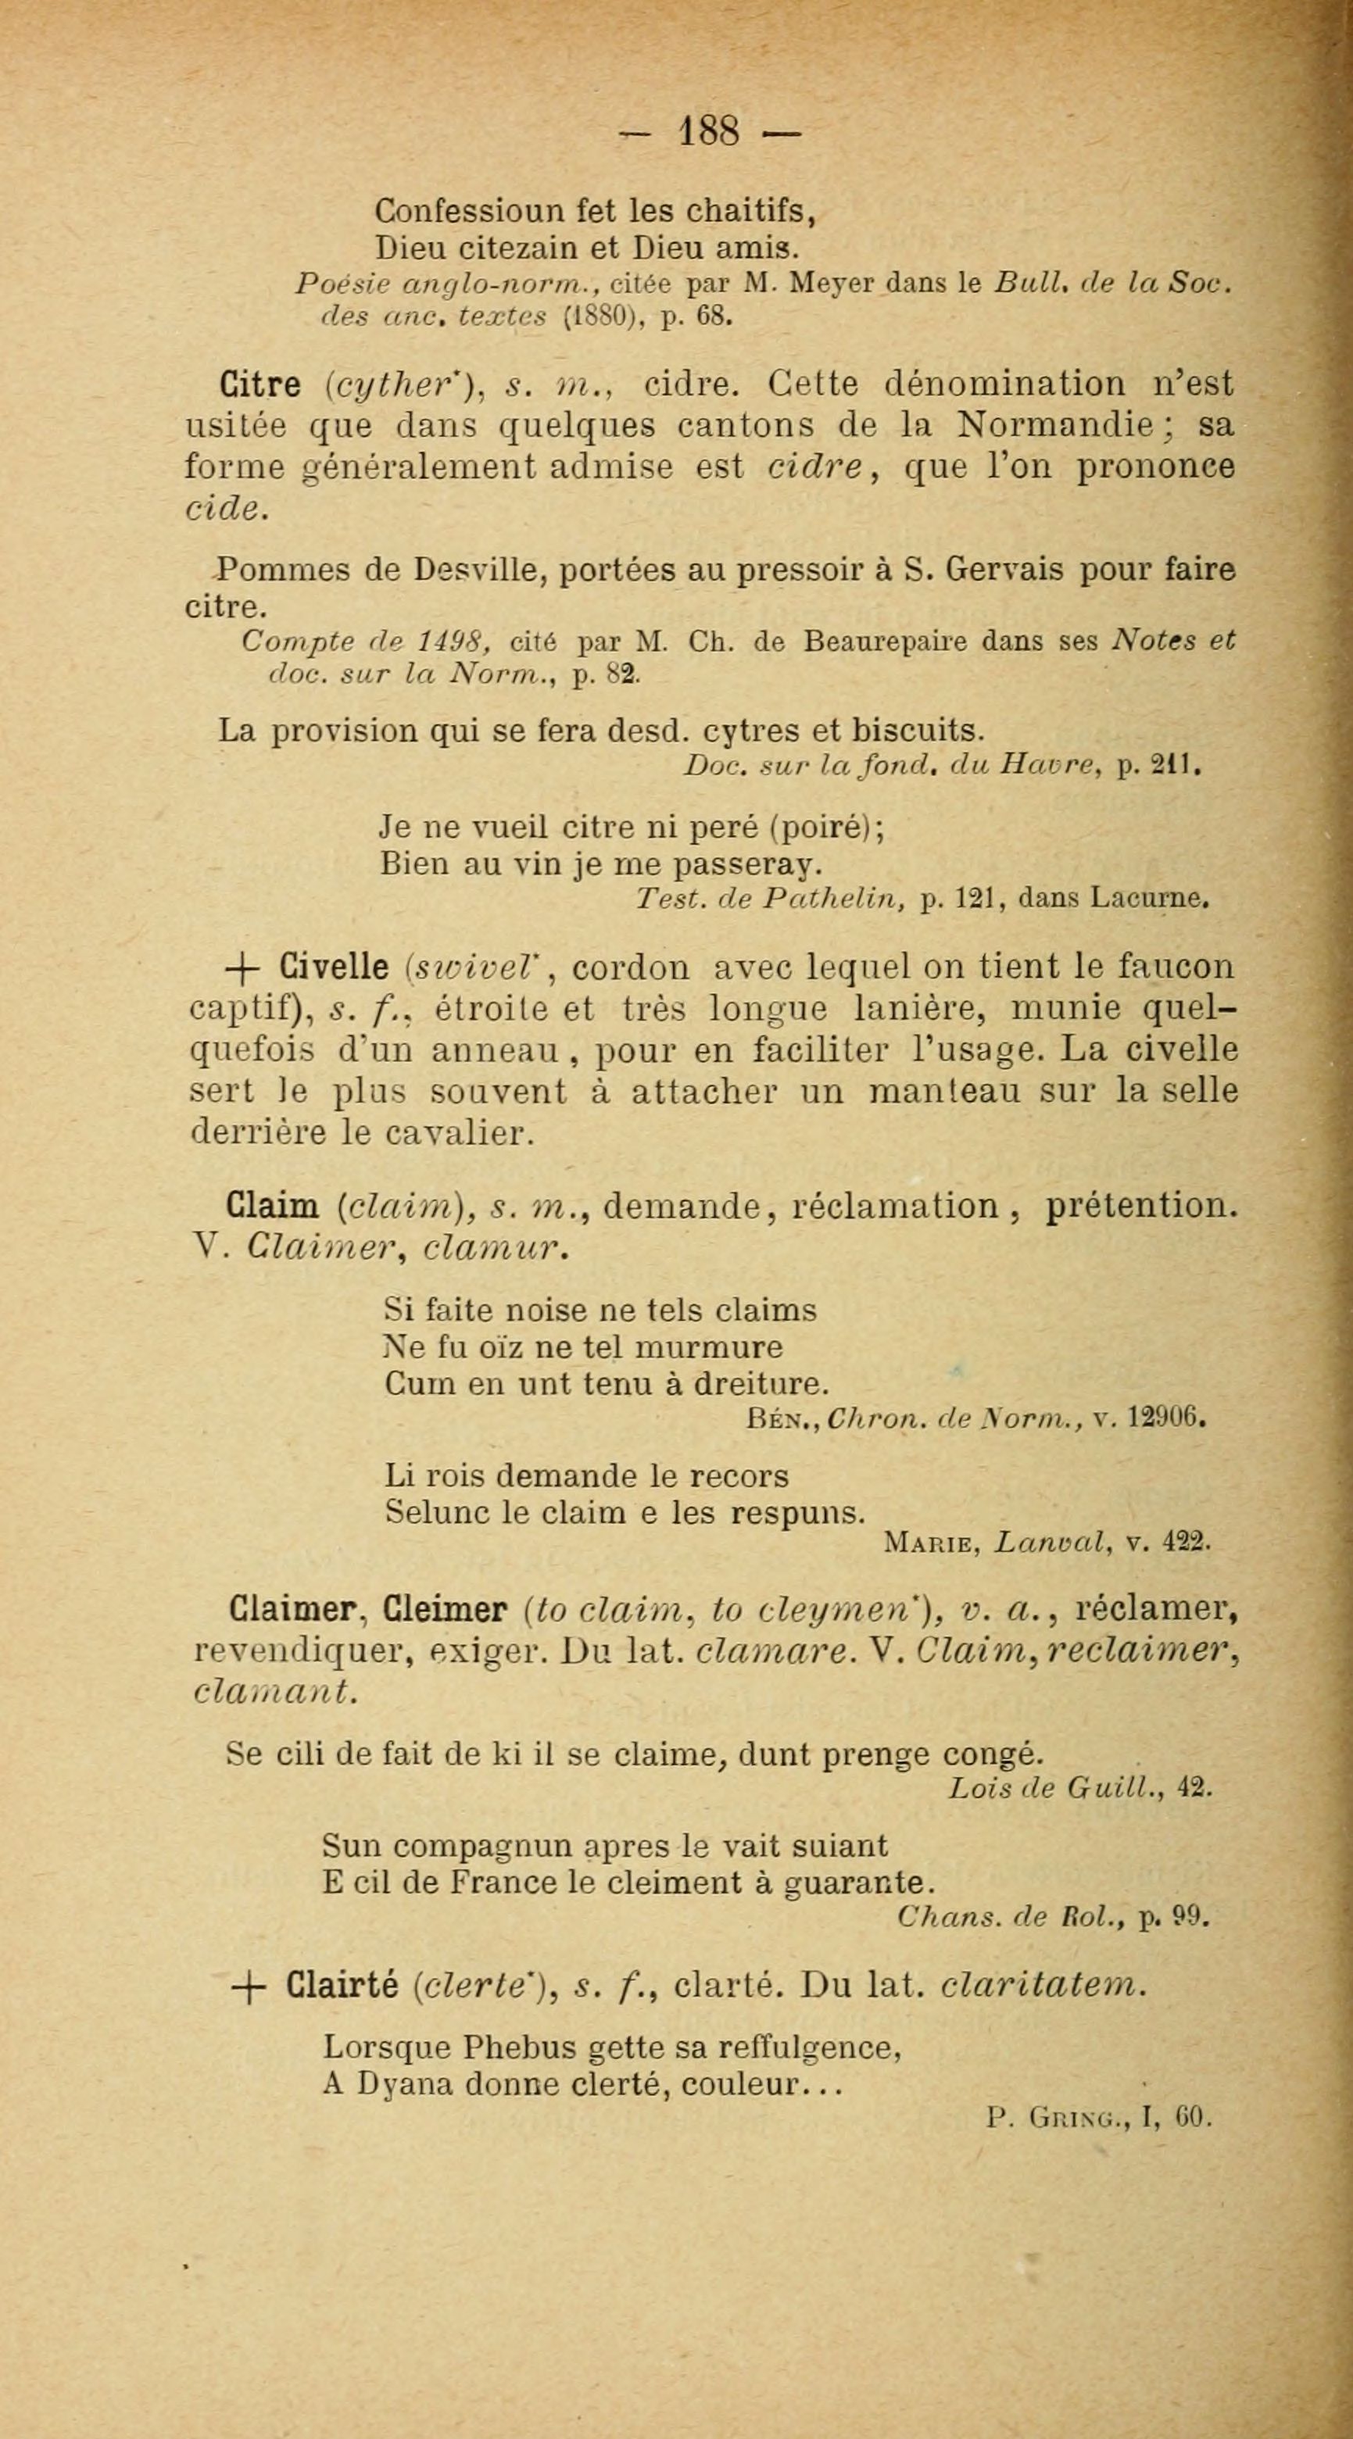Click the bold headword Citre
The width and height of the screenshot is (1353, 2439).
[260, 385]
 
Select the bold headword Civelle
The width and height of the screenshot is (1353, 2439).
[335, 967]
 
